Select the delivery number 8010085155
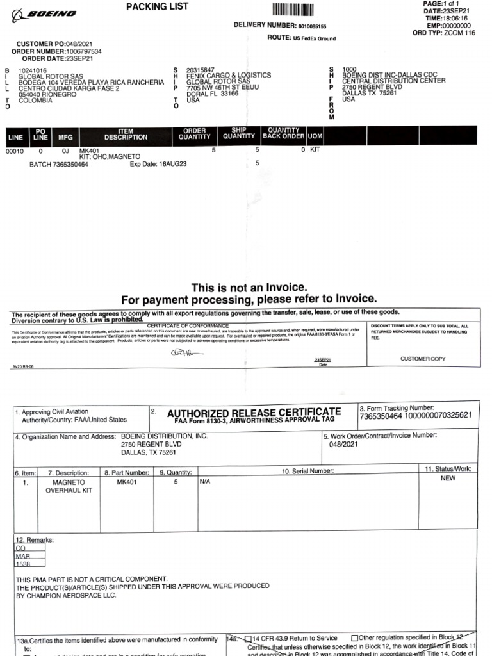tap(312, 27)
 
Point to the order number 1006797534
tap(84, 51)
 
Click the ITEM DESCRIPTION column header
tap(126, 135)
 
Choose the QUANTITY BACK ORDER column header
tap(283, 133)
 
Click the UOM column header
tap(315, 136)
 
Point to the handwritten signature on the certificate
tap(186, 352)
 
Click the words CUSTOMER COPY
tap(423, 359)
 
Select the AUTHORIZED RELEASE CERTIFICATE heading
tap(254, 411)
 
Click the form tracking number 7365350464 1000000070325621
tap(416, 416)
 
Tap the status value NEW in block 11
tap(448, 478)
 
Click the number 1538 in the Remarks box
tap(24, 564)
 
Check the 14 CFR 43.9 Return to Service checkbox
tap(249, 638)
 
